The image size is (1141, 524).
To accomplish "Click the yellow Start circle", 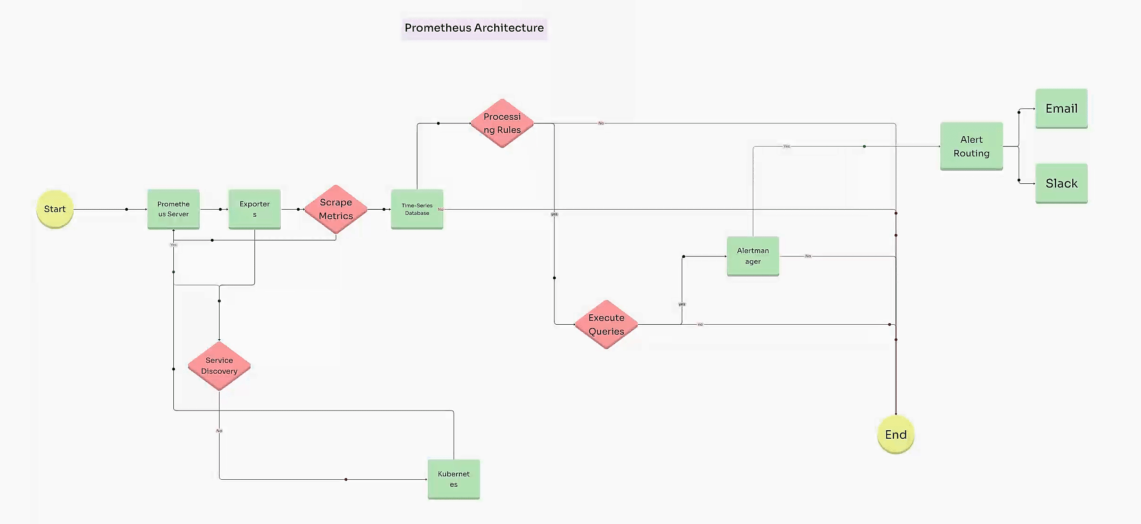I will (x=55, y=209).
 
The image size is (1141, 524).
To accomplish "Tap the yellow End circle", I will (x=896, y=434).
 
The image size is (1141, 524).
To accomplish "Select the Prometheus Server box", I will (x=173, y=209).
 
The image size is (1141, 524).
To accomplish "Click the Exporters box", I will (x=254, y=209).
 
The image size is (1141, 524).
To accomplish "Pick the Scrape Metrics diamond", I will (x=335, y=209).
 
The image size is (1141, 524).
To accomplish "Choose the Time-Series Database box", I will (x=417, y=209).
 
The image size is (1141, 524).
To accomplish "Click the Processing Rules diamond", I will (x=502, y=123).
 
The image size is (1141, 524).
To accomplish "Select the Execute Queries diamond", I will (x=606, y=324).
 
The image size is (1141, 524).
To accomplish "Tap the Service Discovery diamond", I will (x=219, y=366).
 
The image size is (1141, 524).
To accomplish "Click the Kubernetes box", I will (x=454, y=479).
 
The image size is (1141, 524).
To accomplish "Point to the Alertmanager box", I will (x=753, y=256).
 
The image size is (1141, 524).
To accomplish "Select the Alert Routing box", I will (x=971, y=146).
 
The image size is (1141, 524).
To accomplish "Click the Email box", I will (x=1061, y=108).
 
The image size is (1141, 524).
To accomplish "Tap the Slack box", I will (x=1061, y=183).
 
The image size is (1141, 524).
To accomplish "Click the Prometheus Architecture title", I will (x=474, y=28).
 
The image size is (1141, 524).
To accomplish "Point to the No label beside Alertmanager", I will (x=808, y=256).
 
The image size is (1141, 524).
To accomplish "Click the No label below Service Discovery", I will (x=219, y=431).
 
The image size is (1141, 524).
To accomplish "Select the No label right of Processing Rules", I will (x=601, y=123).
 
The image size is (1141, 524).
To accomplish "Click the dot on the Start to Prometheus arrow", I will (x=126, y=209).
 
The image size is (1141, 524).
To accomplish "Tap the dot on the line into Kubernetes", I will (x=346, y=479).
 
